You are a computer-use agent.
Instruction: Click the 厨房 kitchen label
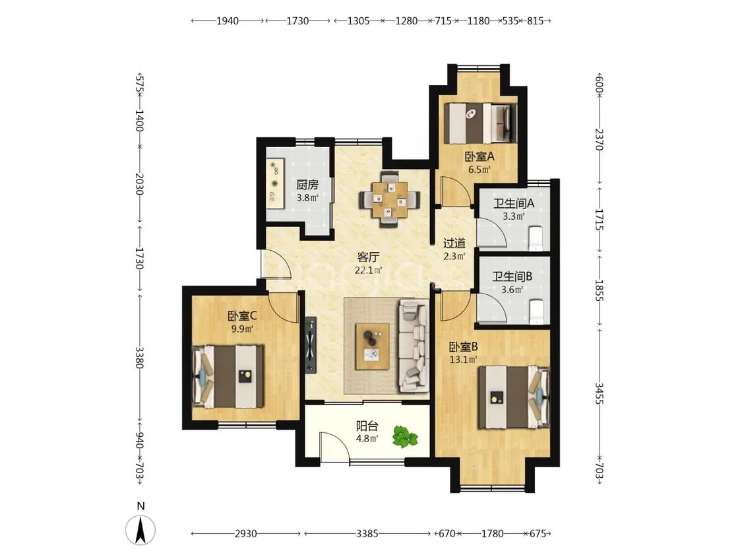coord(307,185)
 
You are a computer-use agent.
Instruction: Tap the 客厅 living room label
coord(368,257)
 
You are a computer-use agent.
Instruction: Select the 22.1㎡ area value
coord(368,271)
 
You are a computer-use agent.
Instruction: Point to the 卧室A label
coord(479,156)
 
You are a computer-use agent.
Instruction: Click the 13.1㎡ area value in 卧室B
coord(463,360)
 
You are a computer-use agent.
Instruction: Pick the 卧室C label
coord(242,315)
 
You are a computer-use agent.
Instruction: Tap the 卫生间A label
coord(513,204)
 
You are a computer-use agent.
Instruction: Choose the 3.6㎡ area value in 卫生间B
coord(512,290)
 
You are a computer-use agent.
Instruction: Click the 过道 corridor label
coord(454,244)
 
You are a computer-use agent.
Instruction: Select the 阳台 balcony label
coord(367,425)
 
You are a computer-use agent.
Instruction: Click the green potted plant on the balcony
coord(405,437)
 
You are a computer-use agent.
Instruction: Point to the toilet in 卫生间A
coord(537,238)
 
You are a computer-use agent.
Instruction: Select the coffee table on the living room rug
coord(373,346)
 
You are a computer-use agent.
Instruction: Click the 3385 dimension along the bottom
coord(367,534)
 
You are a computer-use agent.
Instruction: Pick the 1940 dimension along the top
coord(228,21)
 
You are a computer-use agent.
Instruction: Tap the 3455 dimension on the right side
coord(599,393)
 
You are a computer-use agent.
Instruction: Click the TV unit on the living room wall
coord(311,344)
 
